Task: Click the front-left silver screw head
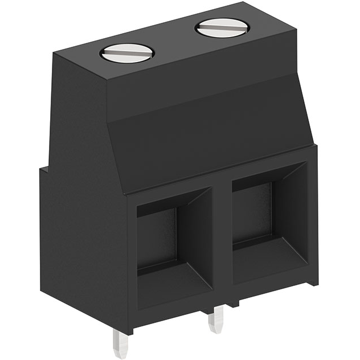[127, 53]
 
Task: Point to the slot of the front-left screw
[127, 54]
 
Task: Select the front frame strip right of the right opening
[312, 216]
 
